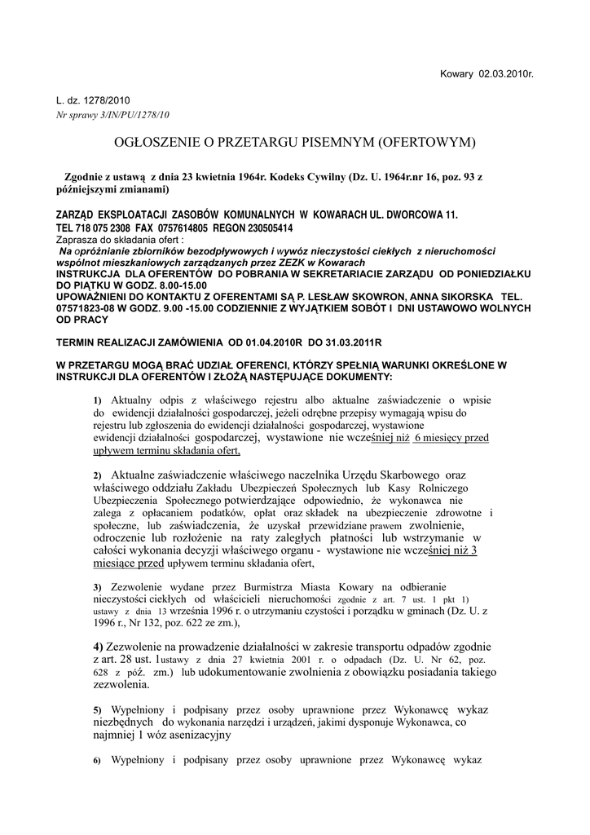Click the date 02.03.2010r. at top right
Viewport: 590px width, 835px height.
506,73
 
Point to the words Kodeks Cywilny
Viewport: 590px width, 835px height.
306,176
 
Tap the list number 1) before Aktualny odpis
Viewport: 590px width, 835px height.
97,401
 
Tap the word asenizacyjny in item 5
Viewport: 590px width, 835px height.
196,735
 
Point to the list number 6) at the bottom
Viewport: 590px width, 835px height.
97,761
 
